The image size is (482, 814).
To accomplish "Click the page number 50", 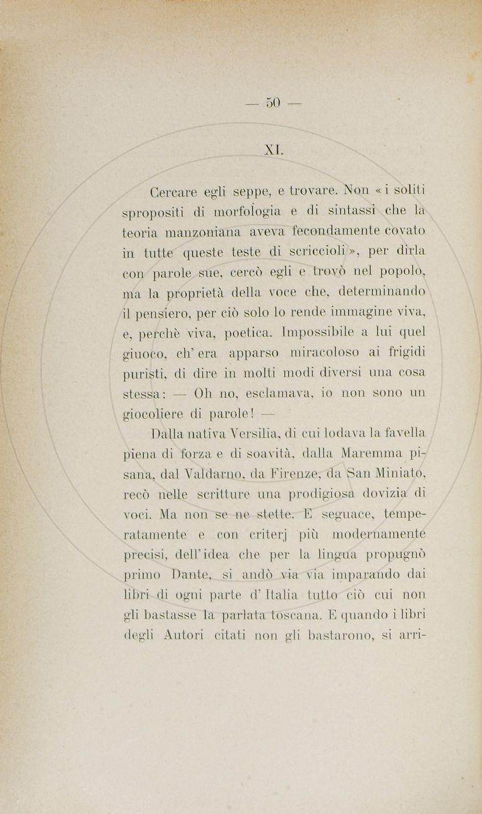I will coord(274,103).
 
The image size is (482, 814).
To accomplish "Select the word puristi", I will coord(143,374).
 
